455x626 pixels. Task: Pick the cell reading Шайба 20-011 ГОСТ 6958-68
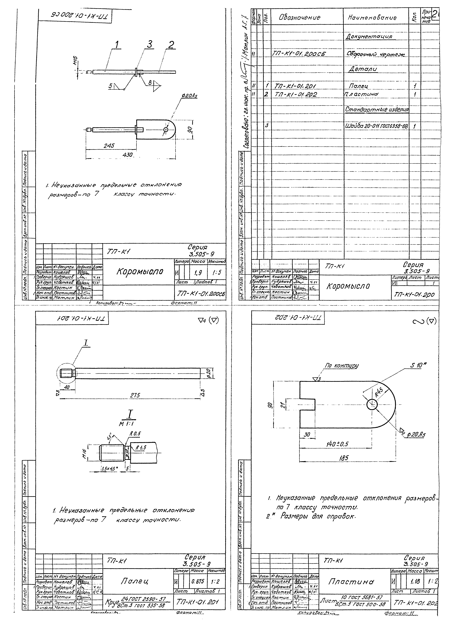pyautogui.click(x=376, y=126)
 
